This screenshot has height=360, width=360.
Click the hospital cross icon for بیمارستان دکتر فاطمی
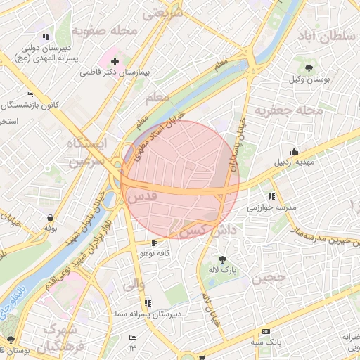pos(115,62)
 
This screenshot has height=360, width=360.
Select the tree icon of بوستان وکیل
pos(309,67)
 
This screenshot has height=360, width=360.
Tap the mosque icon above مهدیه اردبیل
pos(294,151)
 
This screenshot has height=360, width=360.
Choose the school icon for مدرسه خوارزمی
pos(271,197)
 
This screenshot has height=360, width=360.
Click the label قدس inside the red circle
pos(141,199)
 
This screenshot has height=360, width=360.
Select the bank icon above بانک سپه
pos(266,331)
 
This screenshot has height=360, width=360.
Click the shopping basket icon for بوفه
pos(50,217)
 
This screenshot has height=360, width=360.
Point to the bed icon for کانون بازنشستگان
pos(30,94)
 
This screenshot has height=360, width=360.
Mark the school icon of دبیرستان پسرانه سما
pos(148,303)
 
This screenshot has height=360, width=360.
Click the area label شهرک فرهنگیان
pos(63,337)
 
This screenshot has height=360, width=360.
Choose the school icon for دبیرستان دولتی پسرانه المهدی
pos(46,37)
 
